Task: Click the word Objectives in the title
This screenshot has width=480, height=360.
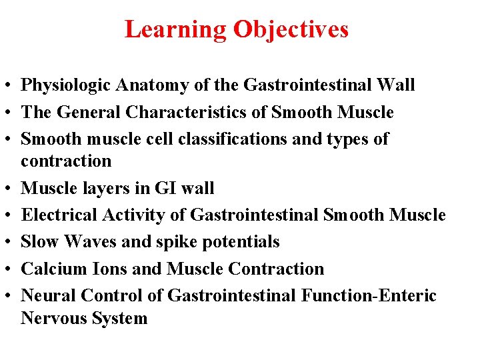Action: (291, 29)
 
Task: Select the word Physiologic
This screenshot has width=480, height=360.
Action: (67, 85)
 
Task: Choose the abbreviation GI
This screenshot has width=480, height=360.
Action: (161, 189)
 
